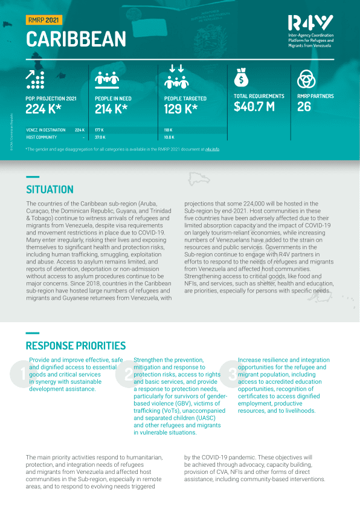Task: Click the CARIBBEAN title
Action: pyautogui.click(x=76, y=39)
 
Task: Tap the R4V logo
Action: pyautogui.click(x=311, y=24)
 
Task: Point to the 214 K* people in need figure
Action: pyautogui.click(x=111, y=109)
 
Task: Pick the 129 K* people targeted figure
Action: pyautogui.click(x=180, y=109)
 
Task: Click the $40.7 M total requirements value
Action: pyautogui.click(x=254, y=107)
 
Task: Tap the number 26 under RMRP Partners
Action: pyautogui.click(x=304, y=107)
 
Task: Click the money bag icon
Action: pyautogui.click(x=241, y=79)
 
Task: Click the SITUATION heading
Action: pyautogui.click(x=50, y=189)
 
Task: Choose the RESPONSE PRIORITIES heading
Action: pyautogui.click(x=76, y=346)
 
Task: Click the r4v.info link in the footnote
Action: pyautogui.click(x=212, y=148)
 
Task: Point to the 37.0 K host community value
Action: pyautogui.click(x=100, y=137)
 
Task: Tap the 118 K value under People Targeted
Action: pyautogui.click(x=168, y=129)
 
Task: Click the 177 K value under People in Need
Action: pyautogui.click(x=100, y=129)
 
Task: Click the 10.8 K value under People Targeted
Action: pyautogui.click(x=169, y=137)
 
